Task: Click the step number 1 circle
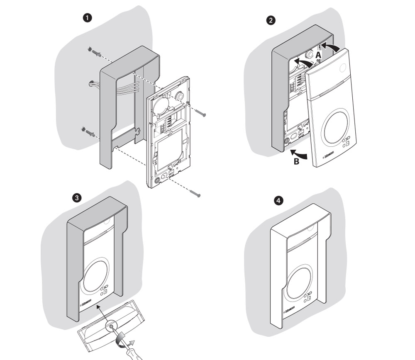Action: (x=88, y=19)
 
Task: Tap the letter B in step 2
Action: (x=296, y=161)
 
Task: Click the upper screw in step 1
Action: (x=200, y=112)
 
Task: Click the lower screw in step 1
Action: (x=195, y=192)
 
